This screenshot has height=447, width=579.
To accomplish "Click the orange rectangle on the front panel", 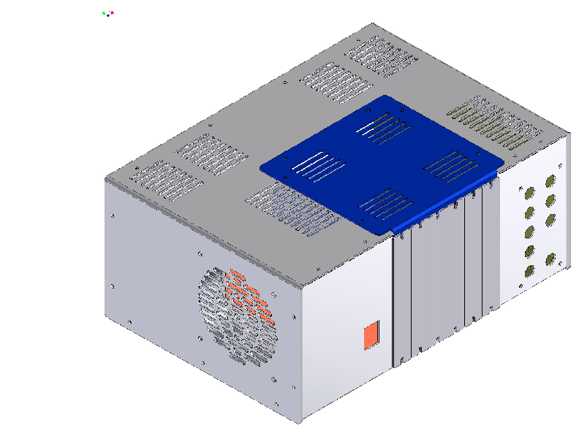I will [x=371, y=335].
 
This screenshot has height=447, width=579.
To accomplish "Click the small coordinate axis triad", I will [x=108, y=13].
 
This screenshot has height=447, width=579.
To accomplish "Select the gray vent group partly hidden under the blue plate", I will [x=289, y=209].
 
